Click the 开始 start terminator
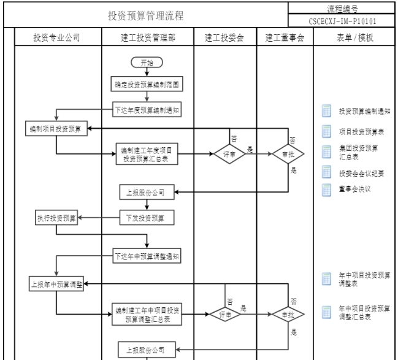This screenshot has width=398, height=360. point(146,62)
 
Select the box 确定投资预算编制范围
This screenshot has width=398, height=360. point(147,82)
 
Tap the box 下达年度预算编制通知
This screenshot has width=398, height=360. point(147,111)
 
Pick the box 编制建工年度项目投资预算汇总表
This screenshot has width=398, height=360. point(147,153)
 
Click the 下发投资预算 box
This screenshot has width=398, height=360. point(147,218)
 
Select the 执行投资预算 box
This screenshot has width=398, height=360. point(56,218)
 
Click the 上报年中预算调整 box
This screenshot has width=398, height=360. point(56,284)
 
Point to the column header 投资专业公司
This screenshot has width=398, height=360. point(57,37)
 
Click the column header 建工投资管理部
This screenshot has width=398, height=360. point(147,37)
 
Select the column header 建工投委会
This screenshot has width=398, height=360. point(224,37)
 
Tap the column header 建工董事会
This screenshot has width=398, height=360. point(285,37)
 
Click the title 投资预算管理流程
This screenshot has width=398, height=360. point(146,15)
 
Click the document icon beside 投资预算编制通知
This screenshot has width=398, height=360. point(327,111)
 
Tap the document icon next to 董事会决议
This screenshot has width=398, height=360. point(327,189)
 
